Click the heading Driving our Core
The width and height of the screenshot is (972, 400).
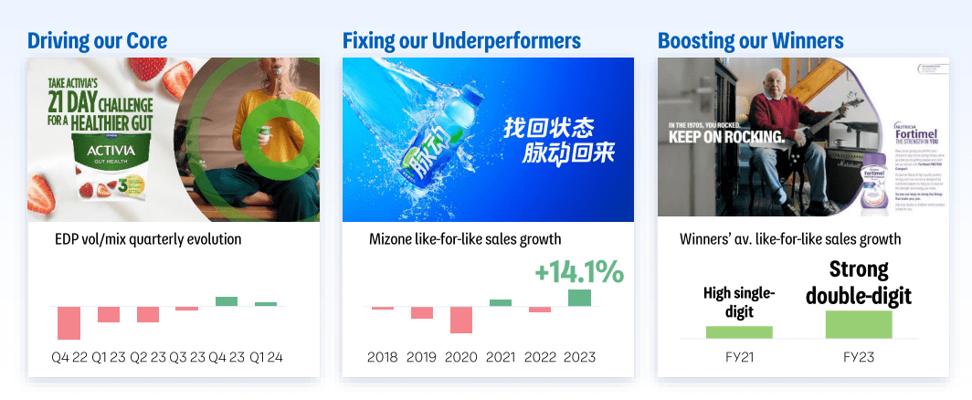[x=97, y=40]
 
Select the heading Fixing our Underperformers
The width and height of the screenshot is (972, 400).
[x=461, y=40]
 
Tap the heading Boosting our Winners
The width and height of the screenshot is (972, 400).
[x=750, y=40]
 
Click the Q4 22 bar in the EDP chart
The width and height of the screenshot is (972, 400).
[x=69, y=322]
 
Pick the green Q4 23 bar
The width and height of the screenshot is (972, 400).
[x=226, y=301]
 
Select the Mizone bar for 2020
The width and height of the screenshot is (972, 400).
[x=461, y=320]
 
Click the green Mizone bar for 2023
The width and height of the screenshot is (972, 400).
[x=579, y=298]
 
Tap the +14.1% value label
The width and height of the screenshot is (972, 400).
[x=579, y=271]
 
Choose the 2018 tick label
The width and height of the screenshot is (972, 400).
[x=382, y=357]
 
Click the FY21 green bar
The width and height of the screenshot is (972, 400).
[x=739, y=332]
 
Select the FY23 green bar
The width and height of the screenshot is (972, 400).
[x=859, y=324]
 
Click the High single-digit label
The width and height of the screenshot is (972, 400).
[x=739, y=302]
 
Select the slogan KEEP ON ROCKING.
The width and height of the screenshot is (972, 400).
[x=726, y=137]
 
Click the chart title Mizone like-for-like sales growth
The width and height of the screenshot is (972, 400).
[x=465, y=239]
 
